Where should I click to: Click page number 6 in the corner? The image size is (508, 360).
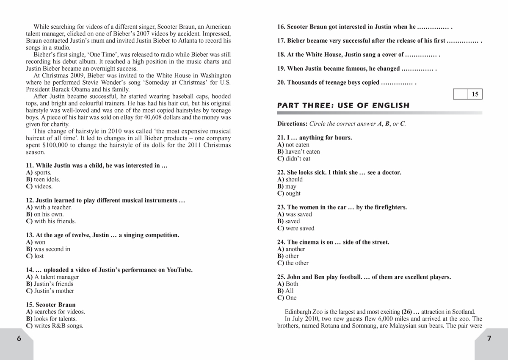click(x=18, y=338)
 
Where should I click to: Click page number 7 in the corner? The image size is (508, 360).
click(x=489, y=338)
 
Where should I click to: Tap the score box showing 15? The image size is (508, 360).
click(x=475, y=94)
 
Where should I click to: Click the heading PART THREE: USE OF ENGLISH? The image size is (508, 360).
click(x=343, y=105)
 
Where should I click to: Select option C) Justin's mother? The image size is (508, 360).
click(x=50, y=291)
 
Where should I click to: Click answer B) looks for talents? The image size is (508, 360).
click(x=51, y=318)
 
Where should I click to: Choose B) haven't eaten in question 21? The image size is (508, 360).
click(x=298, y=152)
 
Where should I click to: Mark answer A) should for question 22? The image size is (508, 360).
click(x=290, y=180)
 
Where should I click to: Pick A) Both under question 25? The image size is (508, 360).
click(x=288, y=284)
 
